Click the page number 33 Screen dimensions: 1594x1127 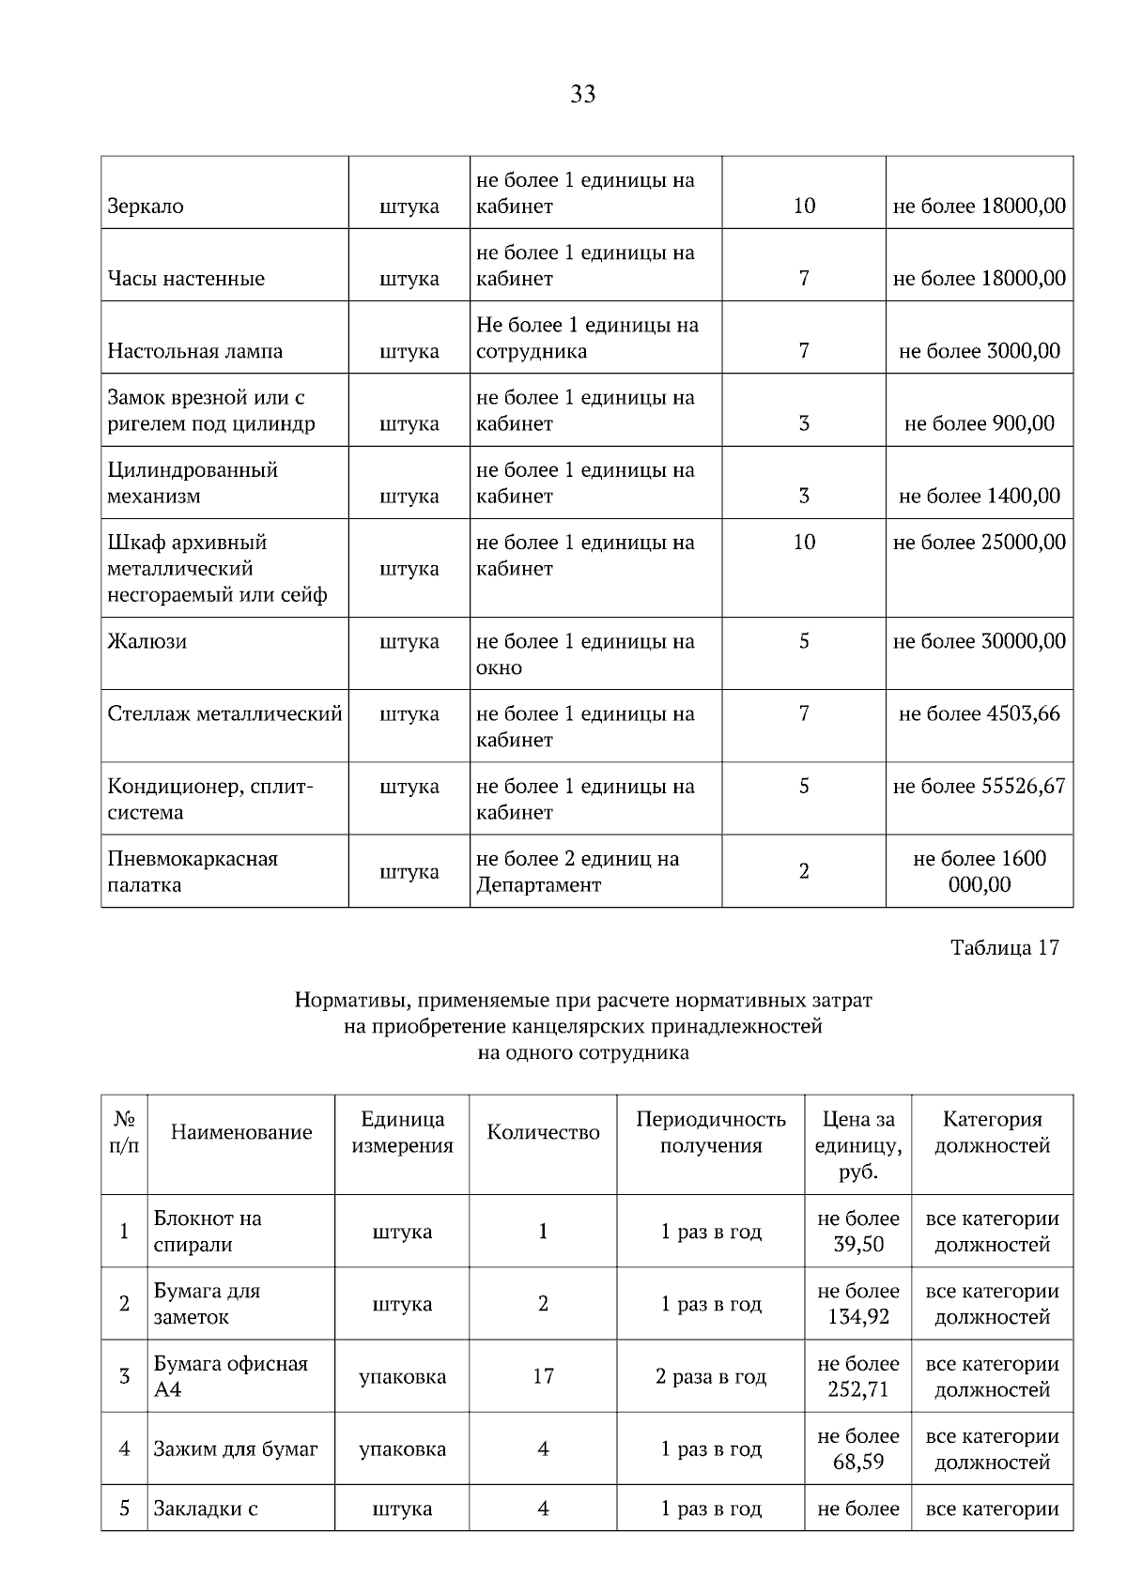coord(582,95)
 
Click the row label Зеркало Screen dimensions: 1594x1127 coord(146,207)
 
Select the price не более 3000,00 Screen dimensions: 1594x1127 coord(979,351)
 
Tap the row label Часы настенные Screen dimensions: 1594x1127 coord(186,279)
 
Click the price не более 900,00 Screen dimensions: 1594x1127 coord(979,423)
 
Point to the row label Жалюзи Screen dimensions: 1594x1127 coord(147,642)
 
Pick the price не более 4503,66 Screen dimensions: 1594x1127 coord(979,714)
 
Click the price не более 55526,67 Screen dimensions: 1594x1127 coord(979,787)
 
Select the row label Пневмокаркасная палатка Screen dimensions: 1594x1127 coord(193,872)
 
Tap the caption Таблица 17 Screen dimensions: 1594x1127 coord(1004,948)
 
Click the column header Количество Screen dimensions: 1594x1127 coord(543,1133)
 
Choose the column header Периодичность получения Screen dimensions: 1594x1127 coord(710,1133)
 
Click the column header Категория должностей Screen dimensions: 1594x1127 coord(992,1133)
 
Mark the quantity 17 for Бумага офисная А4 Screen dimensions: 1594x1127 coord(543,1377)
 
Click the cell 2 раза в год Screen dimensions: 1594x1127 coord(710,1377)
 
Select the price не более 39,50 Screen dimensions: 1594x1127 coord(857,1232)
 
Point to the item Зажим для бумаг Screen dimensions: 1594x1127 coord(236,1449)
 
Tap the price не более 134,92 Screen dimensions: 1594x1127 coord(857,1304)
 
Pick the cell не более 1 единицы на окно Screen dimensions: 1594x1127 coord(585,655)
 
